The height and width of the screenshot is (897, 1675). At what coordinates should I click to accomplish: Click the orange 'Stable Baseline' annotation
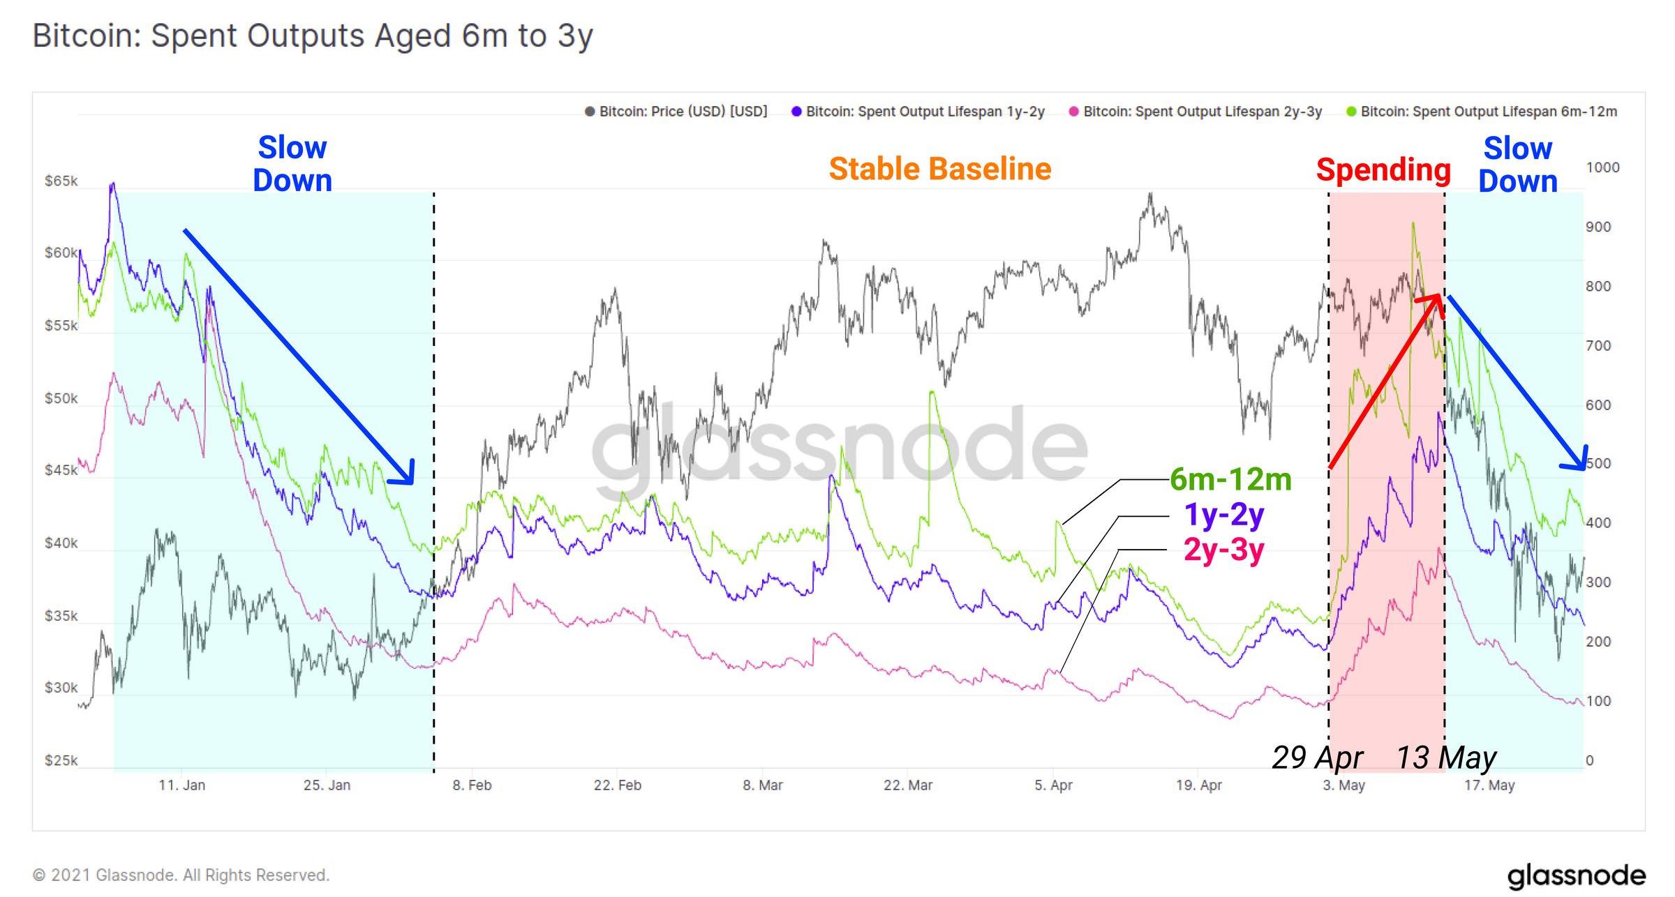939,169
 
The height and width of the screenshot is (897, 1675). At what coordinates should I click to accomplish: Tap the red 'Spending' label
1383,169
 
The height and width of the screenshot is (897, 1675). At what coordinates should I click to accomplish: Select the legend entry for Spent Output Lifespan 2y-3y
1195,112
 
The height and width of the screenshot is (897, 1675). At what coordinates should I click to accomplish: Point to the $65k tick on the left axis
61,181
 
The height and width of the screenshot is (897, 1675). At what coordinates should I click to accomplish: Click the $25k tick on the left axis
61,760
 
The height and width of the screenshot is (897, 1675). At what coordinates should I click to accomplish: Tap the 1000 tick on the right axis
1602,167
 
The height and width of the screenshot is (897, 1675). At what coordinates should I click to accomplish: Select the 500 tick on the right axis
1598,464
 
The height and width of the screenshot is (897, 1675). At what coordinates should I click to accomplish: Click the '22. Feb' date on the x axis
617,785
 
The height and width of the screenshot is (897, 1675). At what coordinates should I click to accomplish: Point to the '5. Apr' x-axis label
1053,785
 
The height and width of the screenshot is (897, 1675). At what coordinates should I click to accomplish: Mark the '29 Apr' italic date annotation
1317,757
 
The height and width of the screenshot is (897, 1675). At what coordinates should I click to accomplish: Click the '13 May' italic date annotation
1446,757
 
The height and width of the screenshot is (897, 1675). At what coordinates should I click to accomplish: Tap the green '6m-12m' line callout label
1230,479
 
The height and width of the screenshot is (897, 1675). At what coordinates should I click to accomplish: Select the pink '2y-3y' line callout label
1223,550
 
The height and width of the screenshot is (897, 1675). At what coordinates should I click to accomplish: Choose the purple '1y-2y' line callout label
1224,515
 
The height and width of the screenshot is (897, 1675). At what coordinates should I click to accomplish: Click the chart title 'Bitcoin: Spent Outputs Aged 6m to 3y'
313,36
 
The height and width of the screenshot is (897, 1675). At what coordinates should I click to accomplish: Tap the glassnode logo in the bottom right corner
1576,876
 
